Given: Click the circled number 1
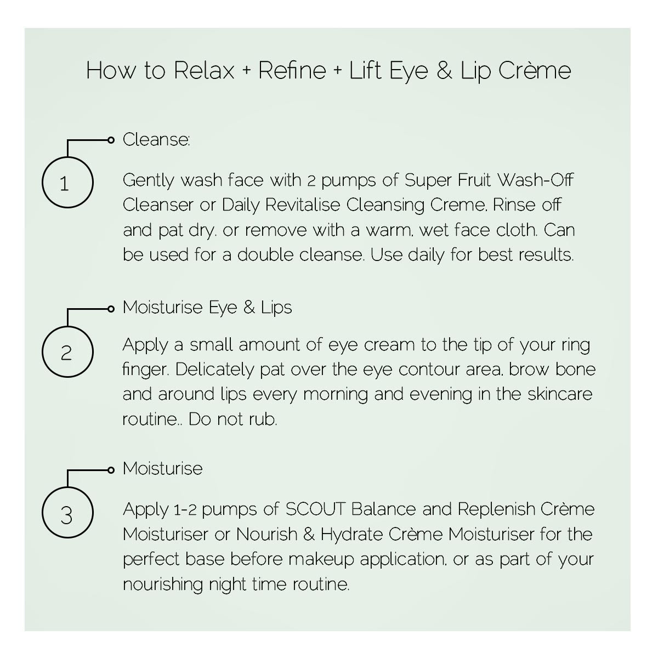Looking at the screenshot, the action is [x=67, y=183].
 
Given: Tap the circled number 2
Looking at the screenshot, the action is [x=67, y=352].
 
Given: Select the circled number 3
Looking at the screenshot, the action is [x=67, y=513].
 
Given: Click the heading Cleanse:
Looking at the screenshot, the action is [x=156, y=140].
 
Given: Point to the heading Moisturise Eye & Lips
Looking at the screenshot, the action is [x=207, y=307].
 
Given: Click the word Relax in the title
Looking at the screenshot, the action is [x=204, y=71].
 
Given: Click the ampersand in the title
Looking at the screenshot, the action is [x=444, y=71].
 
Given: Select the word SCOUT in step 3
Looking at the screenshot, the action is [x=315, y=509].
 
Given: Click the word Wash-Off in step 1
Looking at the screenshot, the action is [x=536, y=180].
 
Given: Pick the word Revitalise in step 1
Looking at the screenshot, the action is [x=303, y=205].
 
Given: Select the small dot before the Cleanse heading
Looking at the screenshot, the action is [x=111, y=140].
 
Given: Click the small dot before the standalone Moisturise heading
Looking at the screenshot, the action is [x=111, y=470].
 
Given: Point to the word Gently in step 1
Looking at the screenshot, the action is [x=149, y=180].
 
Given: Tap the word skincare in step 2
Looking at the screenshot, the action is [x=560, y=394].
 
